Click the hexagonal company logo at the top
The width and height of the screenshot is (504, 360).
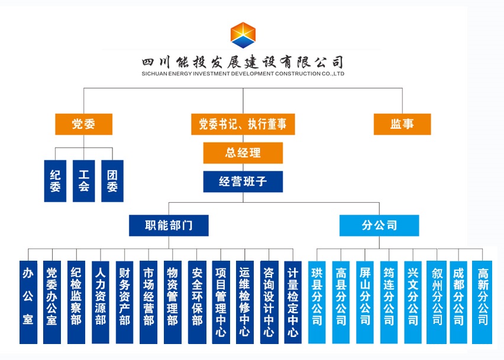(243, 35)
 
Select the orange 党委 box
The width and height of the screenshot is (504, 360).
(83, 124)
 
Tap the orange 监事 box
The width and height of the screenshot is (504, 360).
(402, 124)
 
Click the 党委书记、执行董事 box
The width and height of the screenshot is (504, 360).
(243, 124)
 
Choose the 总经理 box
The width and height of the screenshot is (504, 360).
(243, 153)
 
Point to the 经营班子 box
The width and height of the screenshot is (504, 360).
(243, 181)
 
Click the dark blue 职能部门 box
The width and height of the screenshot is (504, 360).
(169, 225)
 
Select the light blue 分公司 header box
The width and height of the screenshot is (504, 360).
(379, 225)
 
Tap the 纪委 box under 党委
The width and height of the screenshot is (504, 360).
(55, 181)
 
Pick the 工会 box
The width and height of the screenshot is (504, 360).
(83, 181)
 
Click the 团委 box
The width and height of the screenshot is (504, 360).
(112, 181)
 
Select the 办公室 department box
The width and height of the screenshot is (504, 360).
(28, 302)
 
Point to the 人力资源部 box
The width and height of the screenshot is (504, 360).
(101, 302)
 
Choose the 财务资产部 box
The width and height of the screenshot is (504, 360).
(124, 302)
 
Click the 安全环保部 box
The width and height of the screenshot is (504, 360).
(197, 302)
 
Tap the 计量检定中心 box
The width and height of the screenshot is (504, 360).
(293, 302)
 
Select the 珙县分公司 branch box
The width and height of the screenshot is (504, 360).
(317, 302)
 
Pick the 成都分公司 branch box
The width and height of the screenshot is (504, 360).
(458, 302)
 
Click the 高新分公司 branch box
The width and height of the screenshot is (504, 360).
(482, 302)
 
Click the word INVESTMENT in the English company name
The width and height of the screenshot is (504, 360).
(211, 73)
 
